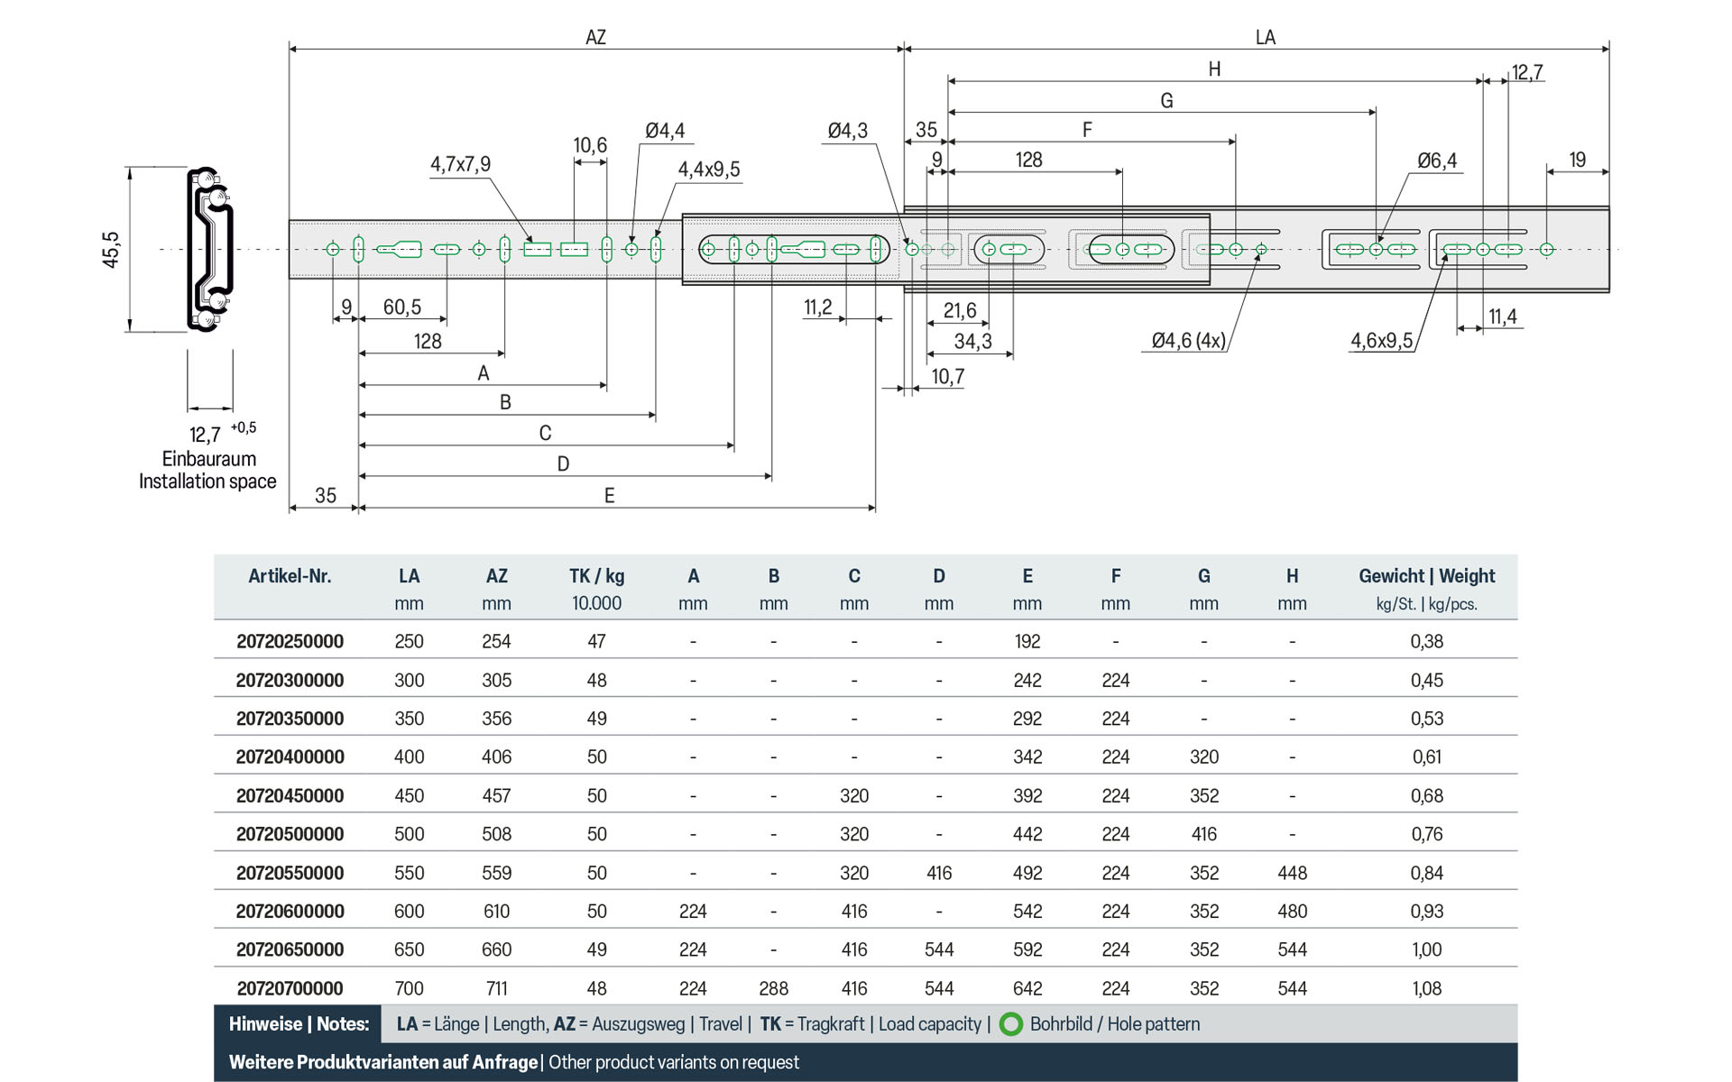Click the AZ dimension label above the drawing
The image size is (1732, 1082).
[595, 38]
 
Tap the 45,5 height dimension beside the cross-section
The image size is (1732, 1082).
[111, 250]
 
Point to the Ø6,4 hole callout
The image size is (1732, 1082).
[1436, 161]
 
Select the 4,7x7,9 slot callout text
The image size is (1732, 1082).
[460, 165]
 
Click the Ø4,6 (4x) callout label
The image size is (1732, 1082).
[1188, 341]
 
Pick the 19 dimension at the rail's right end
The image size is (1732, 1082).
[1577, 160]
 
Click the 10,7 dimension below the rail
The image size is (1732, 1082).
[947, 377]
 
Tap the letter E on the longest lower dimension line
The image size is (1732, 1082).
[609, 496]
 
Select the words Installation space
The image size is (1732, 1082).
[207, 481]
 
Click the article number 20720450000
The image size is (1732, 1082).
[290, 796]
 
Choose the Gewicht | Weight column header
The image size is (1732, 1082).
[1426, 576]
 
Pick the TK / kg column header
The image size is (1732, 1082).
[596, 576]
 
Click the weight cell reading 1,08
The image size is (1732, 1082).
[1426, 989]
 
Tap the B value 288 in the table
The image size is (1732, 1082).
[773, 989]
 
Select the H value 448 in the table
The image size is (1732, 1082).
[1292, 874]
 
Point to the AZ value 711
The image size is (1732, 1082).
[496, 989]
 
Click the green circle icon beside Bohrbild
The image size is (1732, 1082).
[1011, 1024]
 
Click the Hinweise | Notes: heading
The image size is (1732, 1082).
[299, 1024]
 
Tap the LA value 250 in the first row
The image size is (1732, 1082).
[409, 642]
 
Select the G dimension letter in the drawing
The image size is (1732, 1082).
[1166, 101]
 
